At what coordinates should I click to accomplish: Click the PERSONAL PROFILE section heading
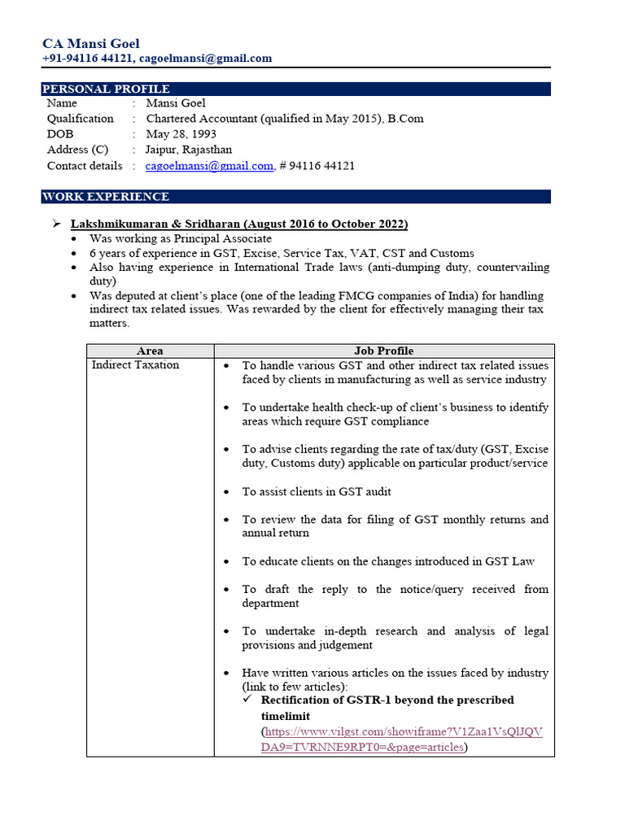[x=106, y=89]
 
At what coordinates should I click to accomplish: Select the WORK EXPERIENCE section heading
[x=106, y=196]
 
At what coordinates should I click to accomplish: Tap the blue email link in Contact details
[x=209, y=166]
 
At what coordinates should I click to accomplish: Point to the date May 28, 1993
[x=181, y=134]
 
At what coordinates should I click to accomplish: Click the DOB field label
[x=60, y=134]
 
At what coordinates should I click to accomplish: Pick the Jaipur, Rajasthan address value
[x=189, y=150]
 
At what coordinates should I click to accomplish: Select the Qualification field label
[x=80, y=119]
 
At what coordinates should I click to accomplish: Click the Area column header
[x=150, y=351]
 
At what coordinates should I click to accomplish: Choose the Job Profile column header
[x=383, y=351]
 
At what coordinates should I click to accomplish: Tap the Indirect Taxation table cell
[x=135, y=365]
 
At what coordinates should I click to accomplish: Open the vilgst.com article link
[x=401, y=739]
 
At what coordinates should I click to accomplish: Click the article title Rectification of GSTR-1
[x=387, y=700]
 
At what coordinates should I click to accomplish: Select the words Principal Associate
[x=221, y=238]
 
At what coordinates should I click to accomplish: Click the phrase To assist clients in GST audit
[x=316, y=491]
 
